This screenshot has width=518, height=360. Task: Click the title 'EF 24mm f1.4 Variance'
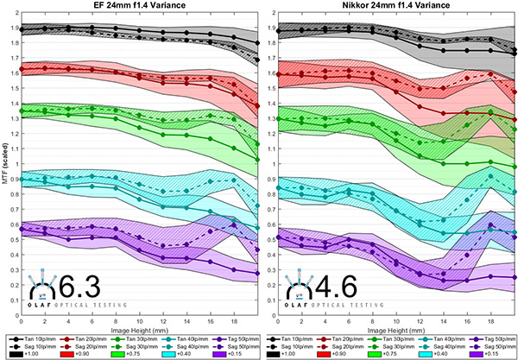point(139,7)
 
